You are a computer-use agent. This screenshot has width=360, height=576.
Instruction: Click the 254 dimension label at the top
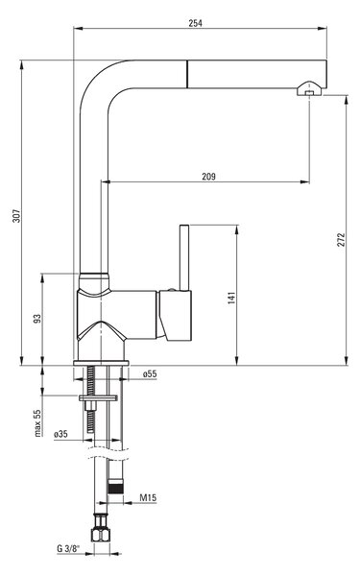tap(196, 23)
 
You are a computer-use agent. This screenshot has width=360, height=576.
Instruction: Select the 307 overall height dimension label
tap(17, 216)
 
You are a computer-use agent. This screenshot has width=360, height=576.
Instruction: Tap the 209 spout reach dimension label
tap(208, 177)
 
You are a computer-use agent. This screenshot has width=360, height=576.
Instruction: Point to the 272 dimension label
tap(341, 239)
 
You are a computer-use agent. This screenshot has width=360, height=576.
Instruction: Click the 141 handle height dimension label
tap(231, 298)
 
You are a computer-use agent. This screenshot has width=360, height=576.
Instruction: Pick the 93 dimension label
tap(37, 318)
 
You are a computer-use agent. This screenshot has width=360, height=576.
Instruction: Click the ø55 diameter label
tap(150, 374)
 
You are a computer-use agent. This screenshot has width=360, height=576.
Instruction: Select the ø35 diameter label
tap(61, 434)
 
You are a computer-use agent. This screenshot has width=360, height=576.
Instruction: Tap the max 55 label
tap(37, 422)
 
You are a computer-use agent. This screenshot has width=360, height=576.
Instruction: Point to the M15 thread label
tap(148, 497)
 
